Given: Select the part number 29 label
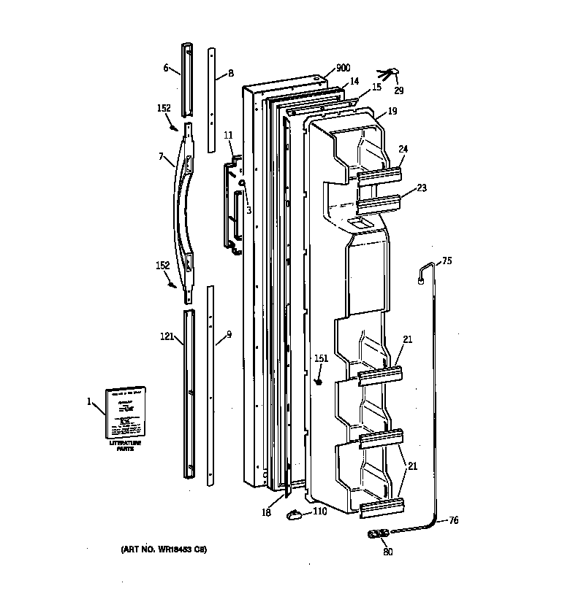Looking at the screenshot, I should click(398, 91).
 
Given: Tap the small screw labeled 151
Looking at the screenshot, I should click(319, 381).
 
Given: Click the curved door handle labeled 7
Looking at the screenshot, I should click(183, 208).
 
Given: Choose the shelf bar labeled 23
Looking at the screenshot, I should click(381, 202).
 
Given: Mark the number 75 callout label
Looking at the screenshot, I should click(447, 261).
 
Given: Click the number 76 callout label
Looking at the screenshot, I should click(454, 520).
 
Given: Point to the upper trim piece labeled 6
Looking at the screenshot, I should click(187, 79).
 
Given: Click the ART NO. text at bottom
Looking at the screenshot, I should click(160, 548).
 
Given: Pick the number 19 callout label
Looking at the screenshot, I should click(392, 112).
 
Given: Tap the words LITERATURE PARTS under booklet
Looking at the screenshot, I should click(126, 446).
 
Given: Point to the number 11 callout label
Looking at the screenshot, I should click(228, 135).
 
